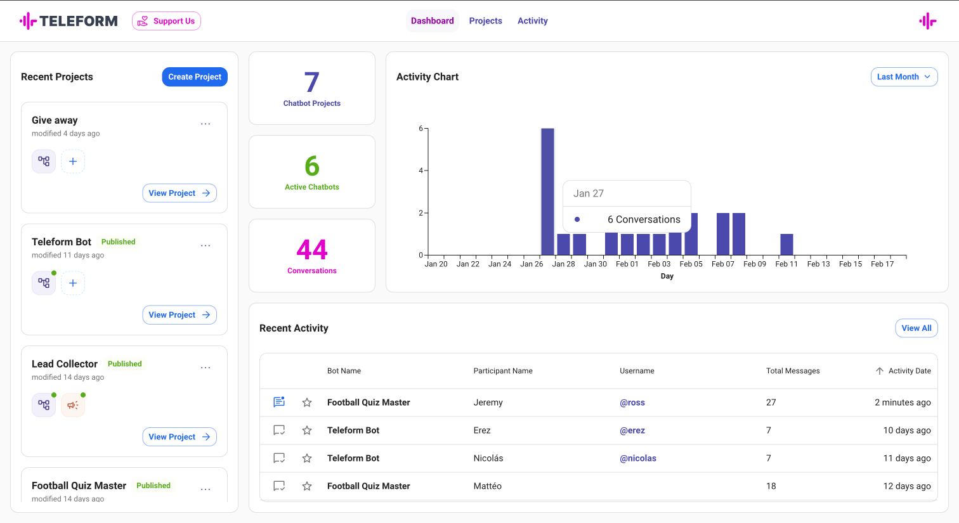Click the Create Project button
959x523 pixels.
[x=195, y=77]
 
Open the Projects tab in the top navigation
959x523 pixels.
[x=485, y=21]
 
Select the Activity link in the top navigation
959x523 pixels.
[x=532, y=21]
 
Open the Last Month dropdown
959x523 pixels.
[x=904, y=77]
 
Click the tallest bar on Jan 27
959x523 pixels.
[x=547, y=165]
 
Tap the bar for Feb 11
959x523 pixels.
[x=786, y=245]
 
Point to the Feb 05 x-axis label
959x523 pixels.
[x=691, y=264]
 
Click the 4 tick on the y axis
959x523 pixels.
[x=421, y=171]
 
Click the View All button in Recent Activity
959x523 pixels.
[x=916, y=328]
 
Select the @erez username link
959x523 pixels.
[x=632, y=430]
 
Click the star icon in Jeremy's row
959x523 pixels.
[x=307, y=403]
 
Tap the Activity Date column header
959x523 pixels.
[x=909, y=371]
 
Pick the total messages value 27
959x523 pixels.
[x=771, y=403]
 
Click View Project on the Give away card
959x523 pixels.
[x=179, y=193]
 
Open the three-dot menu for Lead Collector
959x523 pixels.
[x=205, y=368]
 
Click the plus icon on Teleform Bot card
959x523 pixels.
[x=73, y=283]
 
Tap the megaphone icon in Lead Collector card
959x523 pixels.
[x=73, y=405]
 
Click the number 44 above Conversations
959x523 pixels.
[x=311, y=250]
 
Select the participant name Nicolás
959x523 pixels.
[x=488, y=458]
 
